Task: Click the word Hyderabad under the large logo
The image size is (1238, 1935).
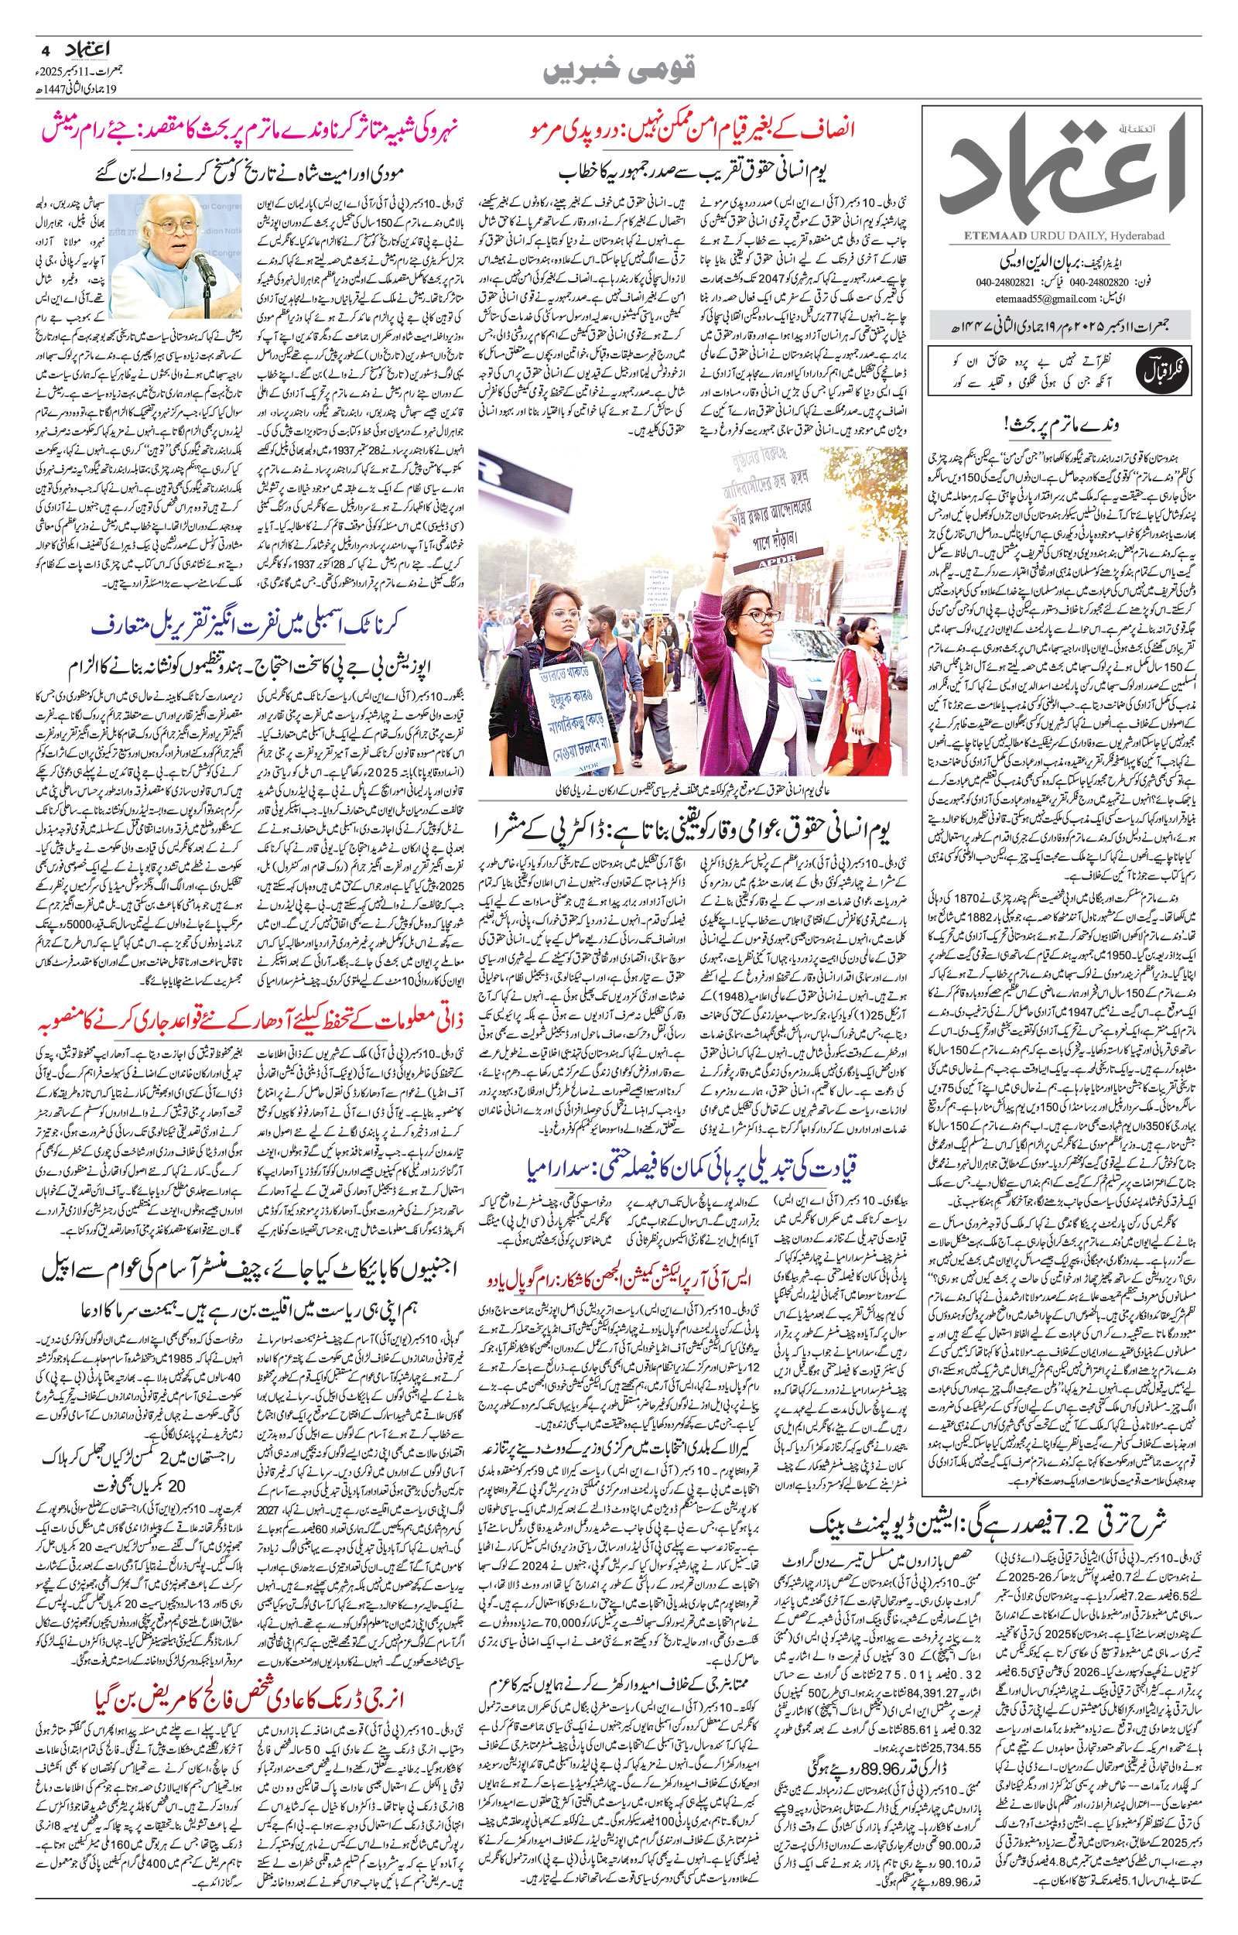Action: [1141, 235]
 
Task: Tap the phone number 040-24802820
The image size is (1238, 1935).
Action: [1115, 283]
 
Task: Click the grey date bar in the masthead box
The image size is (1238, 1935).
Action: [1059, 327]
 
